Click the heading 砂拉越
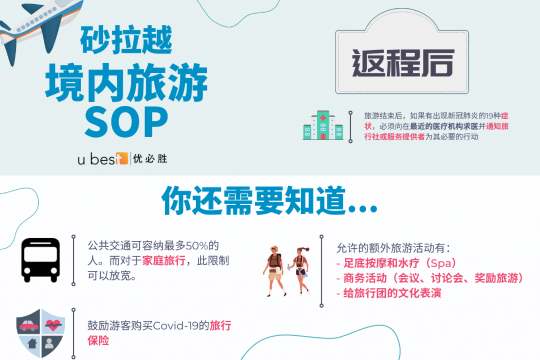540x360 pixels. [126, 40]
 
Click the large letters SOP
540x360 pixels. [126, 121]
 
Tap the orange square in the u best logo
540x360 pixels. [122, 158]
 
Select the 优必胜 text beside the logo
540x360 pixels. [150, 159]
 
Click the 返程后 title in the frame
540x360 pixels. [402, 63]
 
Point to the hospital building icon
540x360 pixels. [323, 125]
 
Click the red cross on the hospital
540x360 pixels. [323, 118]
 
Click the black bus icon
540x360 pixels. [41, 260]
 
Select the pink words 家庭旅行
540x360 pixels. [164, 260]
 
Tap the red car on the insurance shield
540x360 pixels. [29, 325]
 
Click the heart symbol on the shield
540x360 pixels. [53, 325]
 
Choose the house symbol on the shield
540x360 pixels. [32, 343]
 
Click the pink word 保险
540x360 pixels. [99, 340]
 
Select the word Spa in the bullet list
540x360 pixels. [441, 264]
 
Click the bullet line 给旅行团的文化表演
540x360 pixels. [389, 293]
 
